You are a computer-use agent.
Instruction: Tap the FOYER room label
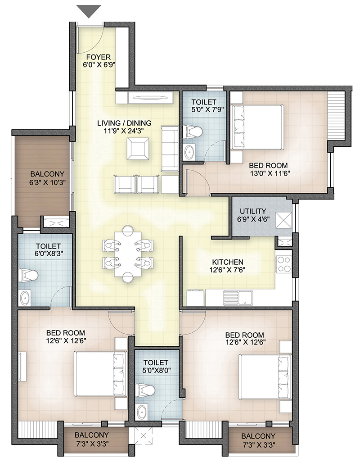[x=99, y=57]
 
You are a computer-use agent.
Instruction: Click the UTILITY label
[x=253, y=211]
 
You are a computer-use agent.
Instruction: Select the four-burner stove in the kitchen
[x=283, y=264]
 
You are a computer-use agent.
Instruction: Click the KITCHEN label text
[x=228, y=262]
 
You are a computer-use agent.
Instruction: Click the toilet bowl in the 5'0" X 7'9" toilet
[x=193, y=131]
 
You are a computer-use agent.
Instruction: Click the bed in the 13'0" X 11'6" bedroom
[x=258, y=127]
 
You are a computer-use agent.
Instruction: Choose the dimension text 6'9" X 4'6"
[x=253, y=220]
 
